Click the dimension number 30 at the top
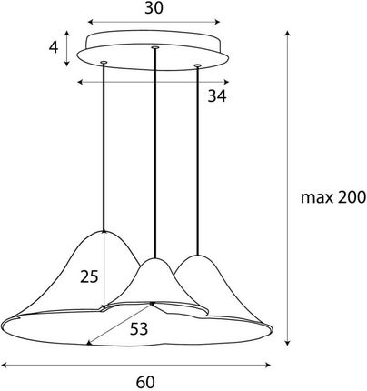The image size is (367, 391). click(x=154, y=8)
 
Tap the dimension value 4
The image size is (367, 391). click(x=54, y=47)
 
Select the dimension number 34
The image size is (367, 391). click(x=217, y=96)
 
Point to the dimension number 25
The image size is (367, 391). click(x=89, y=276)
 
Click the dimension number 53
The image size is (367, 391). click(x=139, y=329)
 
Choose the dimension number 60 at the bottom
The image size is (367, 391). click(x=145, y=383)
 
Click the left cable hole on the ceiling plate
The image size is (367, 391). click(x=104, y=63)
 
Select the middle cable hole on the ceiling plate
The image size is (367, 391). click(x=155, y=47)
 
